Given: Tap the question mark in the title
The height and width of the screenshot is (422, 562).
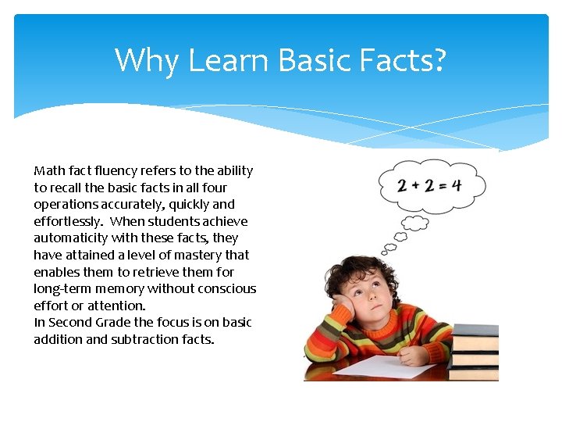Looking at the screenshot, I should click(437, 60).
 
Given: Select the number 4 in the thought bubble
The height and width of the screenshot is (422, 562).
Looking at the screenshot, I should click(455, 186).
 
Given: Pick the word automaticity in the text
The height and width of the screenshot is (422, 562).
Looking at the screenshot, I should click(71, 238).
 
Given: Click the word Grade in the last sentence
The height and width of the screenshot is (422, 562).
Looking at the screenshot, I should click(115, 322).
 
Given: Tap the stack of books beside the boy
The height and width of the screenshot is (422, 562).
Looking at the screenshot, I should click(475, 351).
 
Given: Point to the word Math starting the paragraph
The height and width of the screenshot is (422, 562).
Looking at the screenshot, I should click(49, 170).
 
